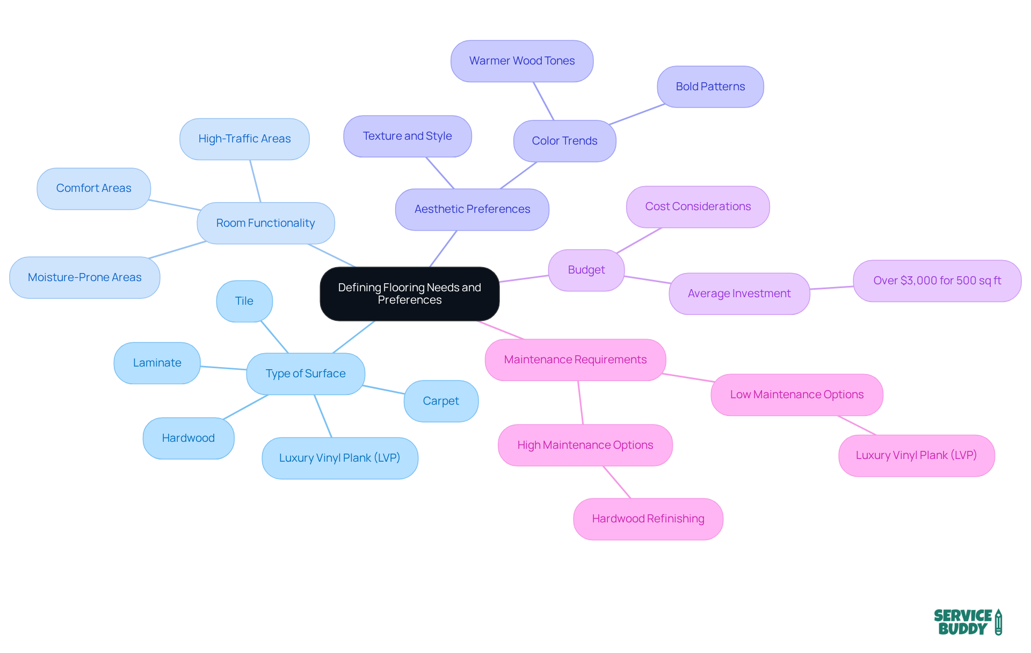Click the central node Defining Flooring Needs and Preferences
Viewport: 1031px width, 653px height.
409,293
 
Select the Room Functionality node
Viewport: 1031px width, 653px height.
265,223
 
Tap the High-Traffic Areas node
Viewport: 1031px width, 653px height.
244,139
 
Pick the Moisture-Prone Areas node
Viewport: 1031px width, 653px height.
84,277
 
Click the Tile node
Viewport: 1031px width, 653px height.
244,301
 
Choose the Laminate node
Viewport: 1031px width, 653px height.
157,363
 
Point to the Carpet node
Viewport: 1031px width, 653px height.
440,401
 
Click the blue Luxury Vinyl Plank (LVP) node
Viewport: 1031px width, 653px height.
339,458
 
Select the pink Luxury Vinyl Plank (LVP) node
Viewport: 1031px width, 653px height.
916,455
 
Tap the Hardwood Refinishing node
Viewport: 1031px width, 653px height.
648,519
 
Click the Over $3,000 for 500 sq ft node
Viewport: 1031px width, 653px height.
936,281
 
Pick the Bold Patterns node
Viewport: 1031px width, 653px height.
710,87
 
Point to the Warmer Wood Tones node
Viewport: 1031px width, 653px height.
521,61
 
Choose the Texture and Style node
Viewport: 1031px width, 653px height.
407,136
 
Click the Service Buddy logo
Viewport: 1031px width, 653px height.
967,622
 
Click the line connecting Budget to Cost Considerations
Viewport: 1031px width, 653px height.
639,240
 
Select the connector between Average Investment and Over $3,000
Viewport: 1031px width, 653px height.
831,288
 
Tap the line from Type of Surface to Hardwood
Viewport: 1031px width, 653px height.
245,407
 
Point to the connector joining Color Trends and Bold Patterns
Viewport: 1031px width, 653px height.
637,114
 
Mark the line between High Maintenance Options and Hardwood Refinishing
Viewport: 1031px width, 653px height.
617,482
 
